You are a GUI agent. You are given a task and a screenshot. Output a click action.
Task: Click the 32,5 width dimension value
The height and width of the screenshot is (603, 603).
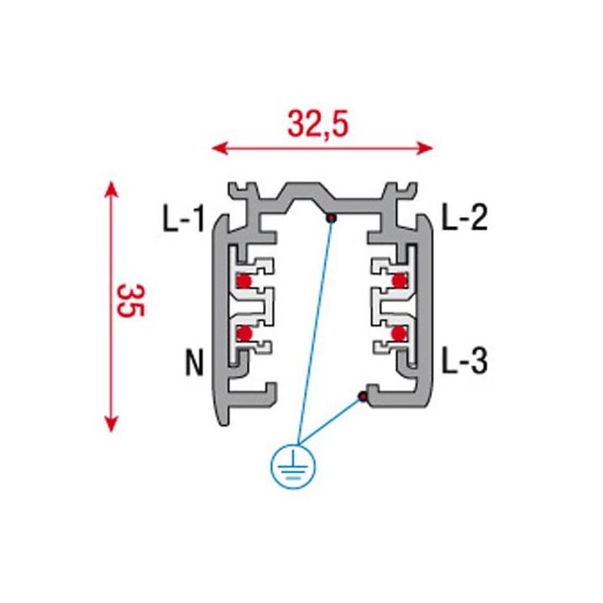pos(318,124)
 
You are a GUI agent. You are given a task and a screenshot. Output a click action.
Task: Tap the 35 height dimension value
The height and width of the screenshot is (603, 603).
pos(131,301)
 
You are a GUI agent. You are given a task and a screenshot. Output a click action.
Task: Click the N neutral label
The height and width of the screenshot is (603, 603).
pos(194,363)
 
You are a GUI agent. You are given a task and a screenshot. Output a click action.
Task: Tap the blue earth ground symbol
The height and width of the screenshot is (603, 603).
pos(293,466)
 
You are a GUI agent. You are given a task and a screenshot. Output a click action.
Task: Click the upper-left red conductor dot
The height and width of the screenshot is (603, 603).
pos(244,281)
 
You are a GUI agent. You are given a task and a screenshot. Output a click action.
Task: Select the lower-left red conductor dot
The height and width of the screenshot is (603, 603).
pos(245,333)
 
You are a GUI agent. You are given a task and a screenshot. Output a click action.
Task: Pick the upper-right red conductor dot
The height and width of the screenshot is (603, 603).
pos(399,281)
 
